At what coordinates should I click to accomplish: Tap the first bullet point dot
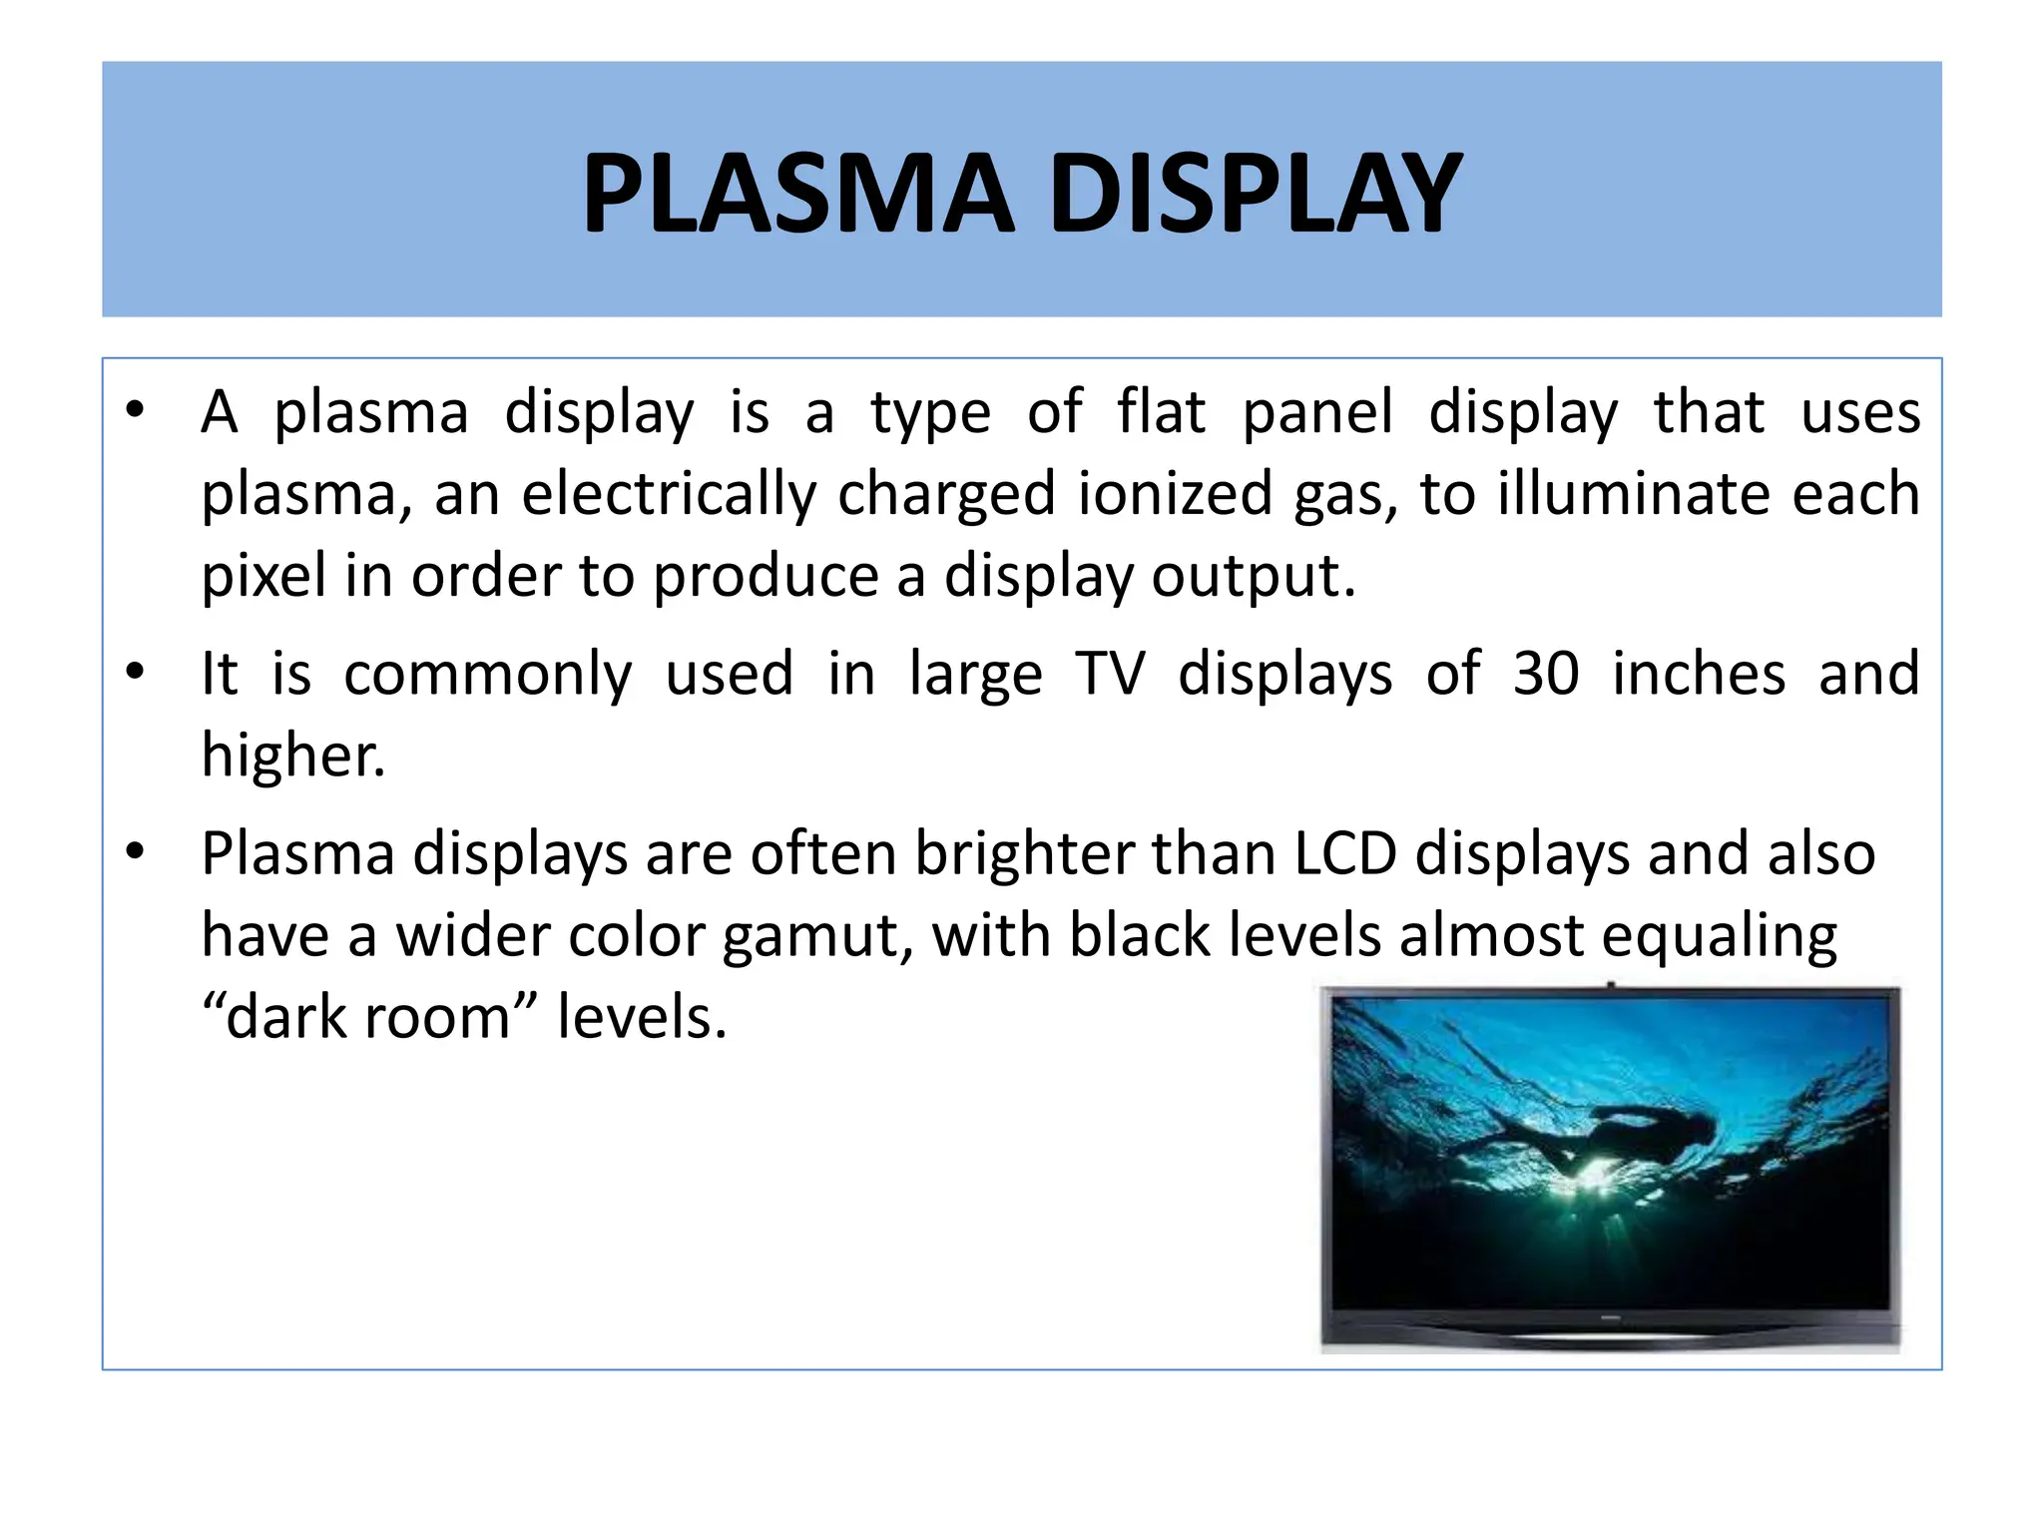pos(136,410)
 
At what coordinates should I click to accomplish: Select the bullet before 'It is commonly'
pos(136,672)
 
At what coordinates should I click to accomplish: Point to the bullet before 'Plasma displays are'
pos(136,852)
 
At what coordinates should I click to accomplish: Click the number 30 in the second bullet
pos(1546,673)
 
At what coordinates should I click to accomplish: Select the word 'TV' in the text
pos(1110,673)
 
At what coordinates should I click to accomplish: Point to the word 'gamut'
pos(816,938)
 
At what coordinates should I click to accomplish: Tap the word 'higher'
pos(291,755)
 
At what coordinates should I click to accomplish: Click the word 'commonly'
pos(488,675)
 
